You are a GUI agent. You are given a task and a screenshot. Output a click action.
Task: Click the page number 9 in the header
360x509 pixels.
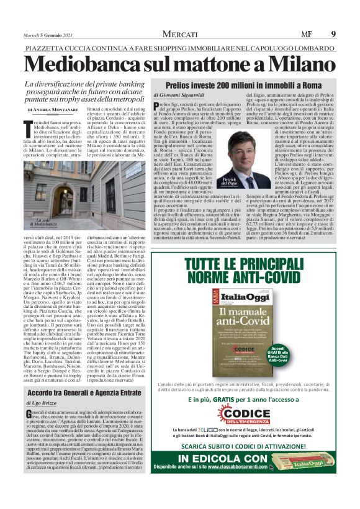[x=333, y=34]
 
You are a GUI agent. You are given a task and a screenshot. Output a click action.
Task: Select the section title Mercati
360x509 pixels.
[x=179, y=34]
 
